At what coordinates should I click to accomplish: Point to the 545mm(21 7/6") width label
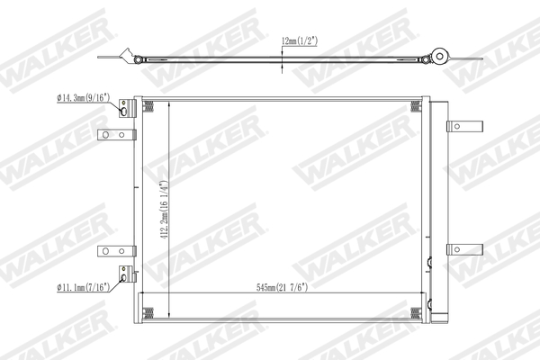click(x=280, y=288)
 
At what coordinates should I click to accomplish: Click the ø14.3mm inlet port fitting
click(x=125, y=110)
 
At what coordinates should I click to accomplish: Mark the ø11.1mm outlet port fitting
click(x=124, y=276)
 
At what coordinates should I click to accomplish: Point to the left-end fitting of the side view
click(x=137, y=60)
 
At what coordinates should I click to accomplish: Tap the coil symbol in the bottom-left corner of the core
click(x=149, y=311)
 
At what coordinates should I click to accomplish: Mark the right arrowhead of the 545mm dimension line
click(x=418, y=295)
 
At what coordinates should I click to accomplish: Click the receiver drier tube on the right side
click(x=438, y=207)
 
